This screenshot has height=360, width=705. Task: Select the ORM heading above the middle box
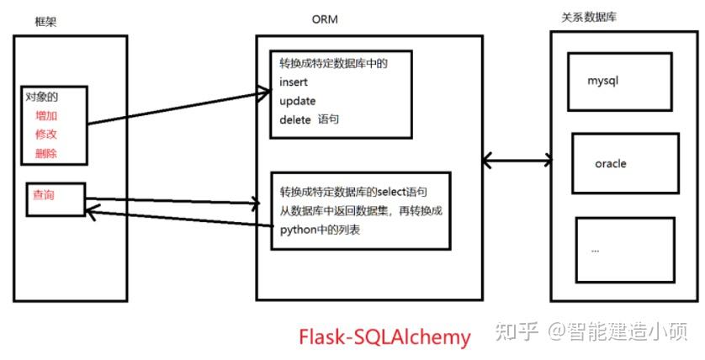point(325,19)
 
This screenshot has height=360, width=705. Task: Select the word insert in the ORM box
point(294,82)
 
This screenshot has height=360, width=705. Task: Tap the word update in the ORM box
point(298,101)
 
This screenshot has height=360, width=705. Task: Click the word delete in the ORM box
point(296,119)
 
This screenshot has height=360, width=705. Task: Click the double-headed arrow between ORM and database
point(517,159)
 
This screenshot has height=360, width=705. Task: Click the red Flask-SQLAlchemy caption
point(384,336)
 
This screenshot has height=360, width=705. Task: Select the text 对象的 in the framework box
point(41,97)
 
